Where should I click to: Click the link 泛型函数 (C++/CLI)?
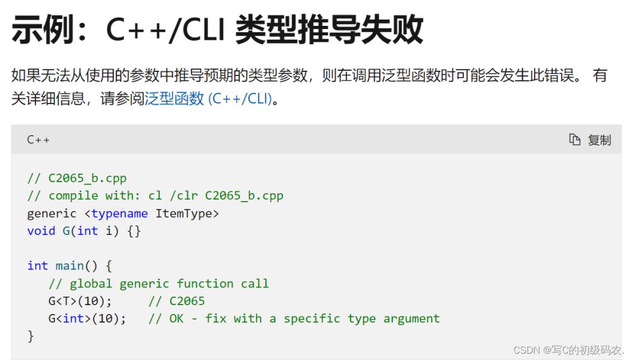208,99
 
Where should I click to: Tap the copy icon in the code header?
574,140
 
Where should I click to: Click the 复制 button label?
599,140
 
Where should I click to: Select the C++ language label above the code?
39,140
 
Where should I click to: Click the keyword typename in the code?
119,213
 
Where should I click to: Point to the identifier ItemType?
184,213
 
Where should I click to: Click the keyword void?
41,231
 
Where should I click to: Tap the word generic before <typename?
52,213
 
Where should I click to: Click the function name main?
70,266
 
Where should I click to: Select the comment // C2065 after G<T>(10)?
176,301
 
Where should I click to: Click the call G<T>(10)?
80,301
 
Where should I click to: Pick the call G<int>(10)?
87,318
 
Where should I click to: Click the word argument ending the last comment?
411,319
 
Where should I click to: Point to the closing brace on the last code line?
30,336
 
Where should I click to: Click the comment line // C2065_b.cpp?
76,178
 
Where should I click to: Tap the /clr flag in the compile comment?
184,195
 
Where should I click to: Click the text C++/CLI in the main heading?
165,30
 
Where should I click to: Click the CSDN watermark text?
569,349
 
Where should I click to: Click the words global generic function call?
169,284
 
